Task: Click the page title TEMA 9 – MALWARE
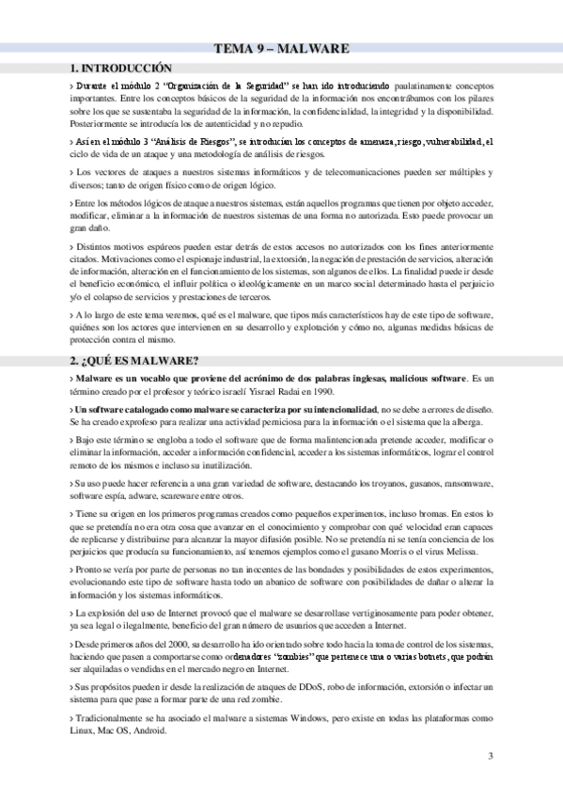(281, 48)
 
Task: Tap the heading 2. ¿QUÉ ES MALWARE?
(134, 361)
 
